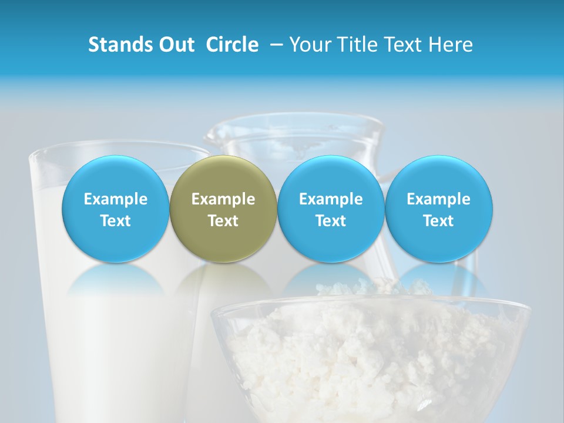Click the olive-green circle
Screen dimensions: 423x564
223,209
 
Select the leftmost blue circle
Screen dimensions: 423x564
115,209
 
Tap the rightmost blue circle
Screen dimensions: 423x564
439,209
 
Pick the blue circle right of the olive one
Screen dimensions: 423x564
331,209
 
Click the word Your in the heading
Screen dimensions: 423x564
309,45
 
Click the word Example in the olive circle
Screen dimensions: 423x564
223,199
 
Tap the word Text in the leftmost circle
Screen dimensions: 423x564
115,221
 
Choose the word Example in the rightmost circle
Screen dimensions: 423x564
439,199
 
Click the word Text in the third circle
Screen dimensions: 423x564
331,221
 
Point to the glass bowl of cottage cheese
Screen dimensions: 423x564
370,358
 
